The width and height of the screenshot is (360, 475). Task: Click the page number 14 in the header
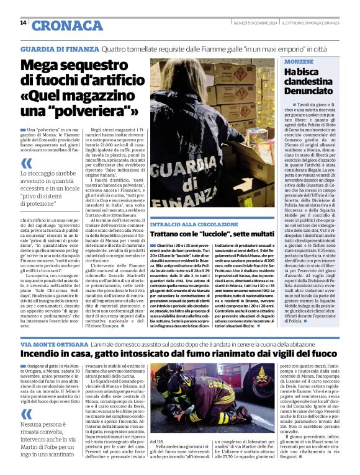click(x=23, y=23)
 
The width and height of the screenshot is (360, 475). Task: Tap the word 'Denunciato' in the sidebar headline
click(x=308, y=91)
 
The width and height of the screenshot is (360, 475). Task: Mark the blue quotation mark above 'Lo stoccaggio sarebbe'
click(x=26, y=164)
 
